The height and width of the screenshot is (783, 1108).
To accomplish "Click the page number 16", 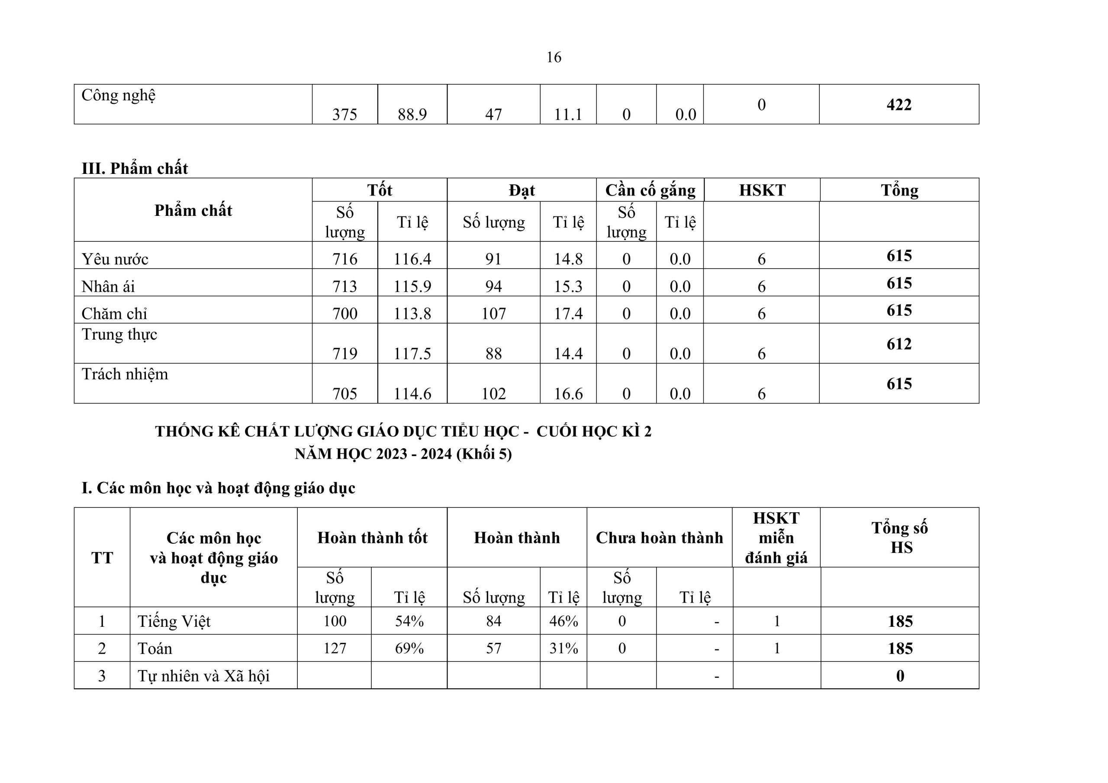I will pyautogui.click(x=554, y=58).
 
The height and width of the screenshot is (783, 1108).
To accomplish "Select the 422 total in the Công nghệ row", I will pyautogui.click(x=899, y=105).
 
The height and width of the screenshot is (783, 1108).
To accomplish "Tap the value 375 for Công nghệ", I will pyautogui.click(x=345, y=114).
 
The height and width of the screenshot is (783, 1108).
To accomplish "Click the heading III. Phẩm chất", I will pyautogui.click(x=135, y=168).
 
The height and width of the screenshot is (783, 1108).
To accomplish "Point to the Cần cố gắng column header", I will pyautogui.click(x=650, y=190).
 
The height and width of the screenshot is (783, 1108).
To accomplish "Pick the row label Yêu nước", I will pyautogui.click(x=115, y=259).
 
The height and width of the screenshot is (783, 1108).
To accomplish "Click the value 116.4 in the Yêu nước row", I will pyautogui.click(x=412, y=259).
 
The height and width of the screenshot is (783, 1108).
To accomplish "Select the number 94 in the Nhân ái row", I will pyautogui.click(x=493, y=286).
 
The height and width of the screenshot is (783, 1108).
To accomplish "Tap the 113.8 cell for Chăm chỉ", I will pyautogui.click(x=412, y=314).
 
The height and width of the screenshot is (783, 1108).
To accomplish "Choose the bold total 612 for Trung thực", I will pyautogui.click(x=899, y=344).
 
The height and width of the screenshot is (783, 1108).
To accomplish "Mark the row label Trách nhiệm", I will pyautogui.click(x=125, y=374).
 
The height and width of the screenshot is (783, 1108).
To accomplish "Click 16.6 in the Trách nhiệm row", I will pyautogui.click(x=568, y=394).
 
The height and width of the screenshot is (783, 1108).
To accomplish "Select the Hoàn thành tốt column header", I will pyautogui.click(x=372, y=537).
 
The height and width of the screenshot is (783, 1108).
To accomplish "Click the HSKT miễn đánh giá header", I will pyautogui.click(x=776, y=537).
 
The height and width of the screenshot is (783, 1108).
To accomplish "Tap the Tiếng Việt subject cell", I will pyautogui.click(x=174, y=621).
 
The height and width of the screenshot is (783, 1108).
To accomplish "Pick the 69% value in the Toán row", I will pyautogui.click(x=409, y=648).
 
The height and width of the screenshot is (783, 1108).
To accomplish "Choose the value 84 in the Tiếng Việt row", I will pyautogui.click(x=493, y=621).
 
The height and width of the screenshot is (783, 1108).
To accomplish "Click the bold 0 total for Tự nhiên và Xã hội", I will pyautogui.click(x=900, y=676).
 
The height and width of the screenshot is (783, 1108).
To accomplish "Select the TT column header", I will pyautogui.click(x=102, y=558).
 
